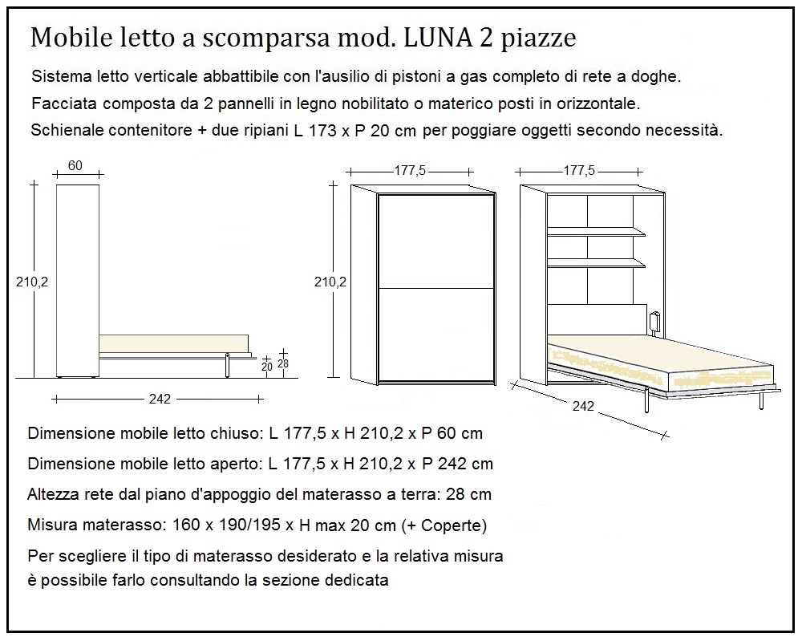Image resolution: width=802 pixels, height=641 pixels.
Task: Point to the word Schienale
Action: pos(68,130)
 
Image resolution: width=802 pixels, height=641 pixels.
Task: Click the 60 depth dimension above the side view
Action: pos(75,166)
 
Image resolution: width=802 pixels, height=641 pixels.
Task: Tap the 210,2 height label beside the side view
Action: pos(33,282)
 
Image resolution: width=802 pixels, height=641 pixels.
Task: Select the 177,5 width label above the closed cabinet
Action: pos(410,171)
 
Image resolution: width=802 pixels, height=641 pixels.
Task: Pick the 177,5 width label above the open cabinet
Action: pos(579,171)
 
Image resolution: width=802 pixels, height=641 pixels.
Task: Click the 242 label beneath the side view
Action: pos(159,399)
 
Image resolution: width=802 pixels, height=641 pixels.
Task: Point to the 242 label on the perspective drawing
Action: pos(584,406)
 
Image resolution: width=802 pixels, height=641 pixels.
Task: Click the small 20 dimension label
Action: pos(267,367)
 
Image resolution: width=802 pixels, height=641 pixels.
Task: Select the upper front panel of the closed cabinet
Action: pos(435,241)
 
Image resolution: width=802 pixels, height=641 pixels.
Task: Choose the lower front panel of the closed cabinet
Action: pos(435,332)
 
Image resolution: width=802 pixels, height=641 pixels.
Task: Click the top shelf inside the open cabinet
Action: pos(596,232)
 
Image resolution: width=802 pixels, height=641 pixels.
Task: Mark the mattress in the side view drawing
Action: pos(172,343)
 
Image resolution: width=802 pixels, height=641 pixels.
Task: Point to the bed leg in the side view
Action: pos(229,365)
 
